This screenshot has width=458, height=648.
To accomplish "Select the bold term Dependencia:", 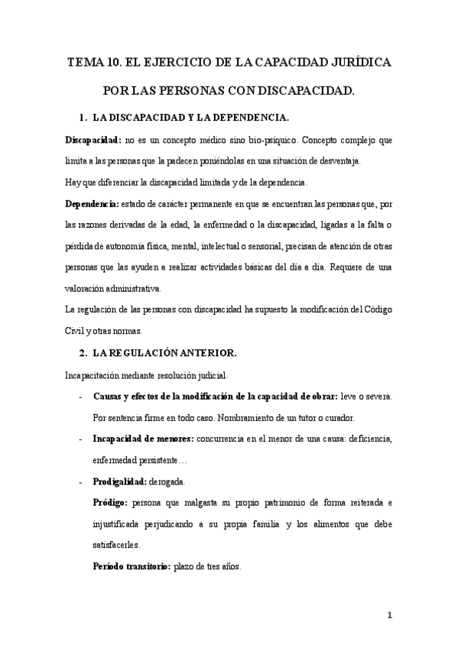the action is [91, 205].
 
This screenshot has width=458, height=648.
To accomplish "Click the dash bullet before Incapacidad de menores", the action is [82, 439].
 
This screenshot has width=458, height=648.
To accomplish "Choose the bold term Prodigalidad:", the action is [123, 482].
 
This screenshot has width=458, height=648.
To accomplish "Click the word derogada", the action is [176, 482].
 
